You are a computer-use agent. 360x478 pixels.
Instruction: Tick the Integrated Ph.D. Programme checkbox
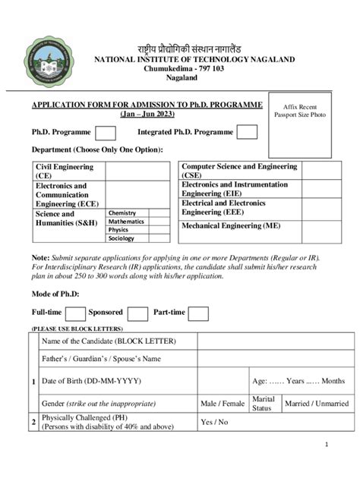pyautogui.click(x=247, y=133)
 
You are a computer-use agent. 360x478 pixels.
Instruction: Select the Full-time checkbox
pyautogui.click(x=75, y=313)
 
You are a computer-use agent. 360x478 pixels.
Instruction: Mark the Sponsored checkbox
pyautogui.click(x=137, y=313)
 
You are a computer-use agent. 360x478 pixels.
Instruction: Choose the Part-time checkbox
pyautogui.click(x=198, y=313)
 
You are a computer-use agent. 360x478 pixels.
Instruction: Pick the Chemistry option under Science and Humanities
pyautogui.click(x=122, y=214)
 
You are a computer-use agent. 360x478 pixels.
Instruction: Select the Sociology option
pyautogui.click(x=122, y=238)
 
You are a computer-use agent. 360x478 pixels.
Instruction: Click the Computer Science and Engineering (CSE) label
pyautogui.click(x=240, y=170)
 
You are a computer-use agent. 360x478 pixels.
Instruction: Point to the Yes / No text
pyautogui.click(x=213, y=422)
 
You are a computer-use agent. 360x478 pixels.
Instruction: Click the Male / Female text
pyautogui.click(x=223, y=403)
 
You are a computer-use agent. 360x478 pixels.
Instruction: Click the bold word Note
pyautogui.click(x=40, y=258)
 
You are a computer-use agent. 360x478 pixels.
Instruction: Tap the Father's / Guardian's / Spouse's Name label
pyautogui.click(x=101, y=359)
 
